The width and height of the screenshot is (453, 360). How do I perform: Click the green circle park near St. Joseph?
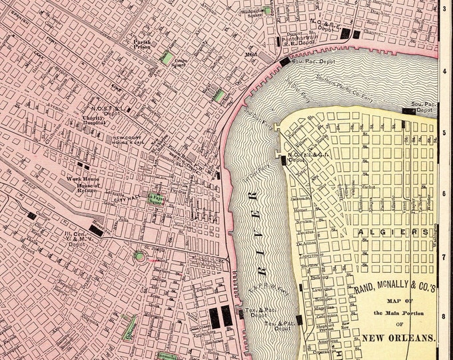140,255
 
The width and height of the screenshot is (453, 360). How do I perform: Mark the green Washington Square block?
267,11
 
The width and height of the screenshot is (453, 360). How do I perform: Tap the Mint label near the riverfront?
251,54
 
